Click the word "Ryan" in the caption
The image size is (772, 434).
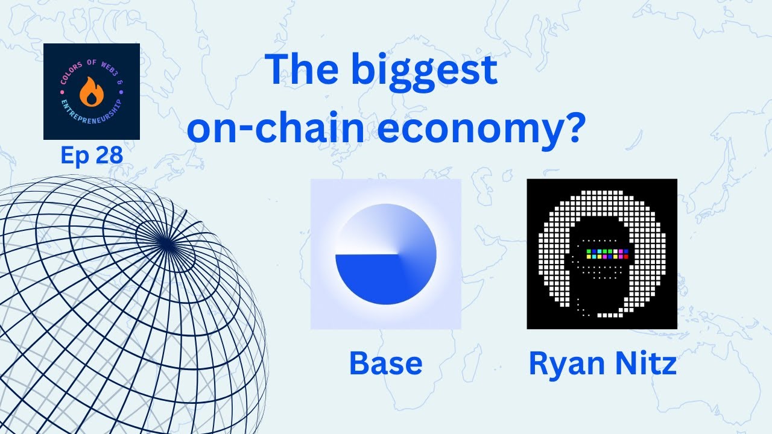click(566, 364)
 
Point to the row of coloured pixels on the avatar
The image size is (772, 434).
click(607, 254)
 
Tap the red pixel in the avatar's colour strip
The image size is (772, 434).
click(625, 257)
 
